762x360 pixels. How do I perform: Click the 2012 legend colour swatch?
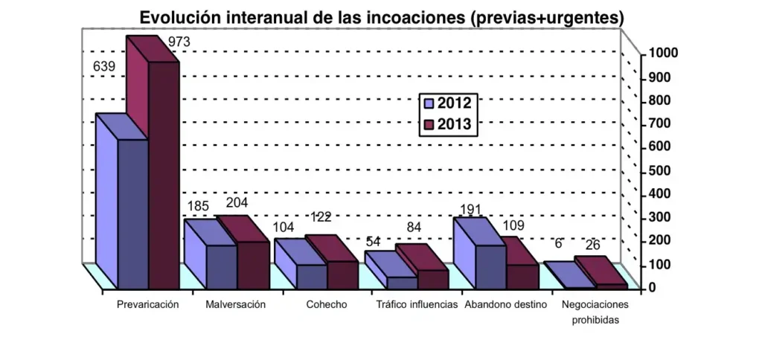(x=429, y=103)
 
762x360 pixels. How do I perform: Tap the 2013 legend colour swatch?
(x=429, y=125)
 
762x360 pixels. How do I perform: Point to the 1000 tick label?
(x=662, y=54)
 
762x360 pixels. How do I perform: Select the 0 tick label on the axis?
(x=652, y=287)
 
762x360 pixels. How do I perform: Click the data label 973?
(x=179, y=42)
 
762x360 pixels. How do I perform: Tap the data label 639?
(x=103, y=67)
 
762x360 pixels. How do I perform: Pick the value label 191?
(x=472, y=210)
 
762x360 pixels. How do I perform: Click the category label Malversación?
(x=235, y=305)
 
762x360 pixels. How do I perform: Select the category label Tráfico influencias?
(x=417, y=305)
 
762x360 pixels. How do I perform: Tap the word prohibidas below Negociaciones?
(x=595, y=321)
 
